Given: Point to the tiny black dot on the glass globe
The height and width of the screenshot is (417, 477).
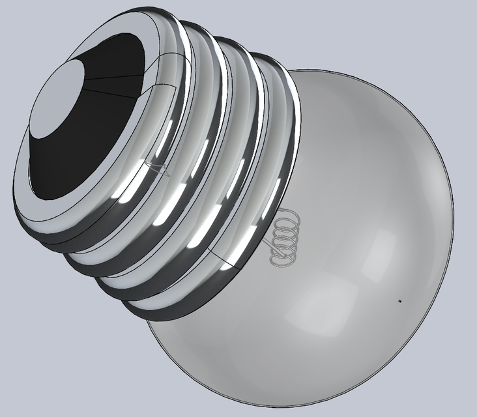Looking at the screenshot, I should tap(399, 301).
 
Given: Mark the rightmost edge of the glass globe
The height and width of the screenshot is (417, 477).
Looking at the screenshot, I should tap(452, 195).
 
